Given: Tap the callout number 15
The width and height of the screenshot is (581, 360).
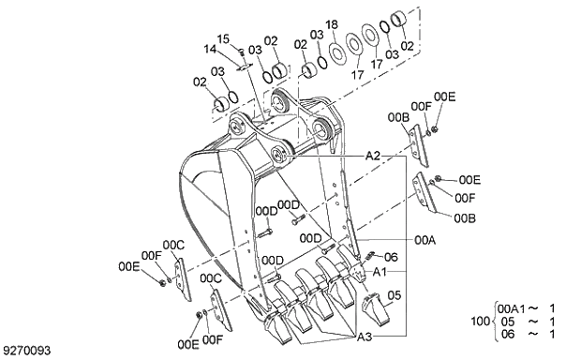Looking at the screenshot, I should pyautogui.click(x=223, y=38).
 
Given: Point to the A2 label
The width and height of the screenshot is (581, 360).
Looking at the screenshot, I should pyautogui.click(x=372, y=155).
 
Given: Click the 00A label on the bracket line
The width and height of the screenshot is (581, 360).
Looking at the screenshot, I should pyautogui.click(x=425, y=240).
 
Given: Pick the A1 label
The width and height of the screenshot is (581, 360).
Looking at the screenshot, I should pyautogui.click(x=380, y=270).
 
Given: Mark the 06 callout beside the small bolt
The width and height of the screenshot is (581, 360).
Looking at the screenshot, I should pyautogui.click(x=391, y=257).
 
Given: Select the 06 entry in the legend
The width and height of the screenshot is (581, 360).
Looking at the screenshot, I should pyautogui.click(x=508, y=334).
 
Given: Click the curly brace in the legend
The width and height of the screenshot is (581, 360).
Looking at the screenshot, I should pyautogui.click(x=494, y=322).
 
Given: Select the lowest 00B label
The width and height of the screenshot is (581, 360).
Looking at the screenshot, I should pyautogui.click(x=465, y=217).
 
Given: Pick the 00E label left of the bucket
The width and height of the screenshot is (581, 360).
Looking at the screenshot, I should pyautogui.click(x=128, y=267).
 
